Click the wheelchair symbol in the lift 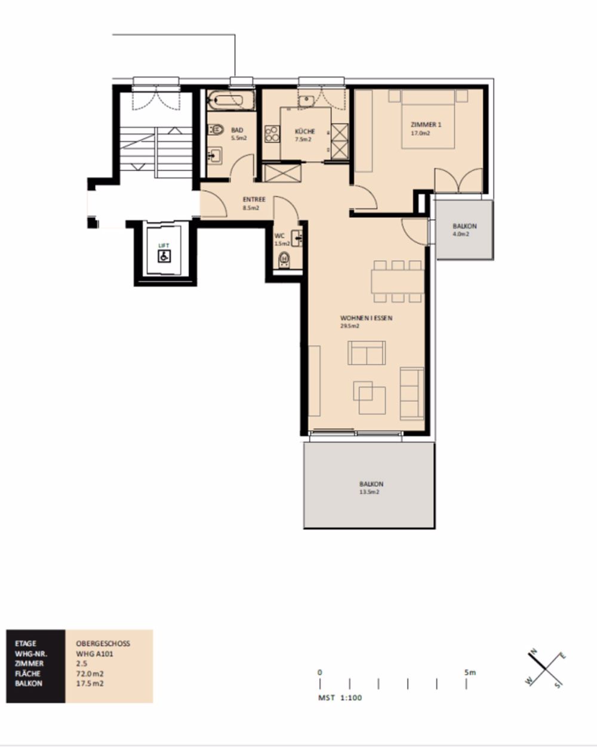(x=164, y=256)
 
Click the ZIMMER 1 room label (x=426, y=125)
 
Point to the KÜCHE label (x=305, y=131)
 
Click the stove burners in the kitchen (x=272, y=133)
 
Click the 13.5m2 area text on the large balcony (x=370, y=492)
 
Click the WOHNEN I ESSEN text (x=366, y=318)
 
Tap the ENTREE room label (x=254, y=200)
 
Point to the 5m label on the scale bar (x=470, y=672)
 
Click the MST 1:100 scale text (x=340, y=697)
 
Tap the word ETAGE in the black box (x=26, y=644)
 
